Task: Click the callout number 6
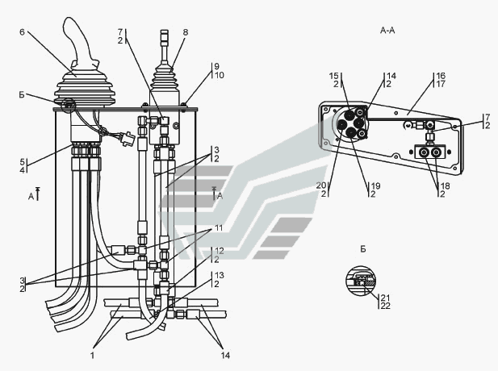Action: (22, 31)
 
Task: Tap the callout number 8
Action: (186, 32)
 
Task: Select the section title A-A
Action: (387, 31)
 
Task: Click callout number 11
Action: (219, 228)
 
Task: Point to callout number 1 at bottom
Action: (93, 355)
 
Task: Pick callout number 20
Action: (321, 185)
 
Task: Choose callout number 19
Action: (376, 185)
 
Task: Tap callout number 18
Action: (446, 186)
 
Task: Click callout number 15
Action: (334, 76)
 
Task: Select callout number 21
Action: (385, 298)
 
